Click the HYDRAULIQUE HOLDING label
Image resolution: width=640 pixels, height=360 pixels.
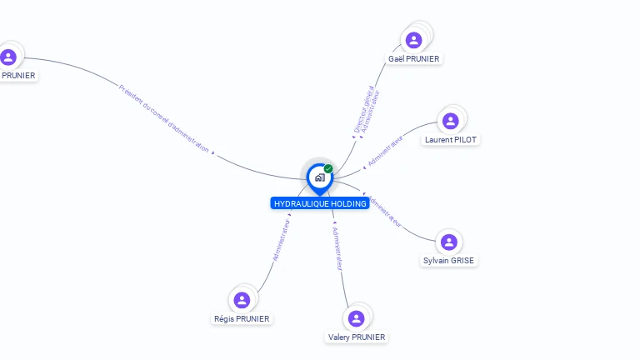pyautogui.click(x=320, y=203)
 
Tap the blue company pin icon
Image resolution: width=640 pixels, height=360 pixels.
pyautogui.click(x=319, y=177)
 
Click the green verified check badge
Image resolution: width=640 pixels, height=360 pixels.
pyautogui.click(x=328, y=168)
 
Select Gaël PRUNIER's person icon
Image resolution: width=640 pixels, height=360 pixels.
pyautogui.click(x=413, y=39)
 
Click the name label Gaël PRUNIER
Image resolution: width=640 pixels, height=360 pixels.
pyautogui.click(x=414, y=58)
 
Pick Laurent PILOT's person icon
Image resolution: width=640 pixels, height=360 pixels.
pyautogui.click(x=451, y=121)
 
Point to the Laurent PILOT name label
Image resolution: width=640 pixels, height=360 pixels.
pyautogui.click(x=451, y=140)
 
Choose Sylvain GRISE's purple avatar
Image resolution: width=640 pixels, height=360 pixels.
pyautogui.click(x=449, y=242)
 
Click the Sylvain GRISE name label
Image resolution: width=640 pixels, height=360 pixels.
pyautogui.click(x=449, y=261)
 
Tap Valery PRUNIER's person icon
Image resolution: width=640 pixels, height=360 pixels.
pyautogui.click(x=357, y=318)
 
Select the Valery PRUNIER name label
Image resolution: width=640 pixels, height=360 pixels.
pyautogui.click(x=357, y=337)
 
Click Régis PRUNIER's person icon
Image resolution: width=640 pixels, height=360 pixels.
pyautogui.click(x=242, y=300)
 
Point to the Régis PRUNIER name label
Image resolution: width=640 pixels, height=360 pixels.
pyautogui.click(x=242, y=319)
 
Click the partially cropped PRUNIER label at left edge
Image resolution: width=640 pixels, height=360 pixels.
pyautogui.click(x=18, y=76)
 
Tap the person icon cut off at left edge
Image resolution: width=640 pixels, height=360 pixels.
pyautogui.click(x=8, y=57)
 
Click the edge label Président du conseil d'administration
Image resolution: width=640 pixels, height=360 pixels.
pyautogui.click(x=164, y=117)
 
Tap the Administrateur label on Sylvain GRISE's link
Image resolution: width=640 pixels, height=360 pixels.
pyautogui.click(x=385, y=212)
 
